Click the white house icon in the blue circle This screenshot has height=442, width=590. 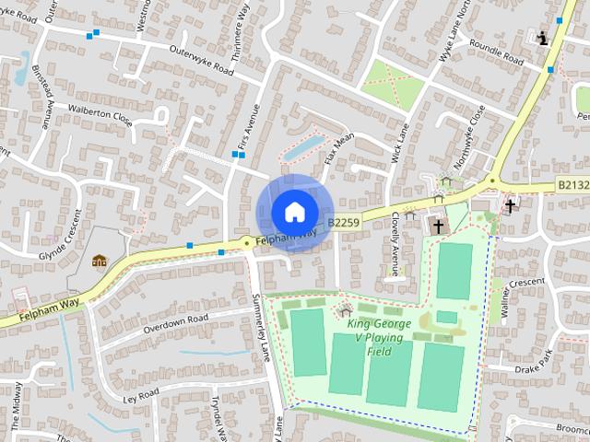coord(294,212)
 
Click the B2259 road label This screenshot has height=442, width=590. coord(343,222)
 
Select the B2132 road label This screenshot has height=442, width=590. coord(572,185)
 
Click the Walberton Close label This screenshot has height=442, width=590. coord(100,114)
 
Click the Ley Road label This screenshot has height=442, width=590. coord(141,396)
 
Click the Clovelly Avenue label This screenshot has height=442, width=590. coord(395,244)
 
